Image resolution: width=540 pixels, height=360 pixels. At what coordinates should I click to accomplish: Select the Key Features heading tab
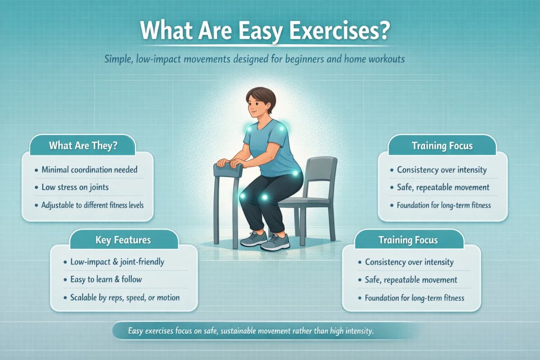pyautogui.click(x=123, y=240)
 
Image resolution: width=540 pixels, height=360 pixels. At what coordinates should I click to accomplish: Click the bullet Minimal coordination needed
pyautogui.click(x=89, y=170)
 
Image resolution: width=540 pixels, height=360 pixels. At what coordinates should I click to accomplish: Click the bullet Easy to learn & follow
pyautogui.click(x=106, y=279)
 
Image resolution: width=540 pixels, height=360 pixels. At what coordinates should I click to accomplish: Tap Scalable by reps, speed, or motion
pyautogui.click(x=124, y=297)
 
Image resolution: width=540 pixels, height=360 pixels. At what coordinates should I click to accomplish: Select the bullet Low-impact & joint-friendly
pyautogui.click(x=117, y=262)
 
